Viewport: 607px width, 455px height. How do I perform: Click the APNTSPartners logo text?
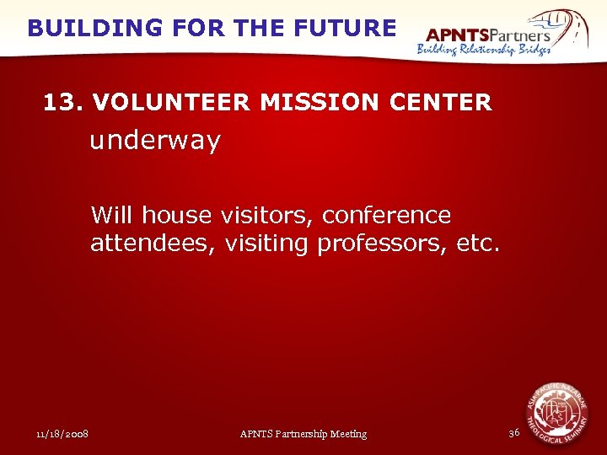click(x=487, y=35)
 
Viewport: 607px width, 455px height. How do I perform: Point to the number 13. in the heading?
click(x=64, y=103)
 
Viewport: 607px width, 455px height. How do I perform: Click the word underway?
click(x=155, y=141)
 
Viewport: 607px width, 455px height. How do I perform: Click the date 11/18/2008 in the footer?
click(x=63, y=434)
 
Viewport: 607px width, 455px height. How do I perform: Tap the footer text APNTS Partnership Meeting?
click(x=303, y=434)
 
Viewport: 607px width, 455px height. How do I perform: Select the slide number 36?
click(x=514, y=433)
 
